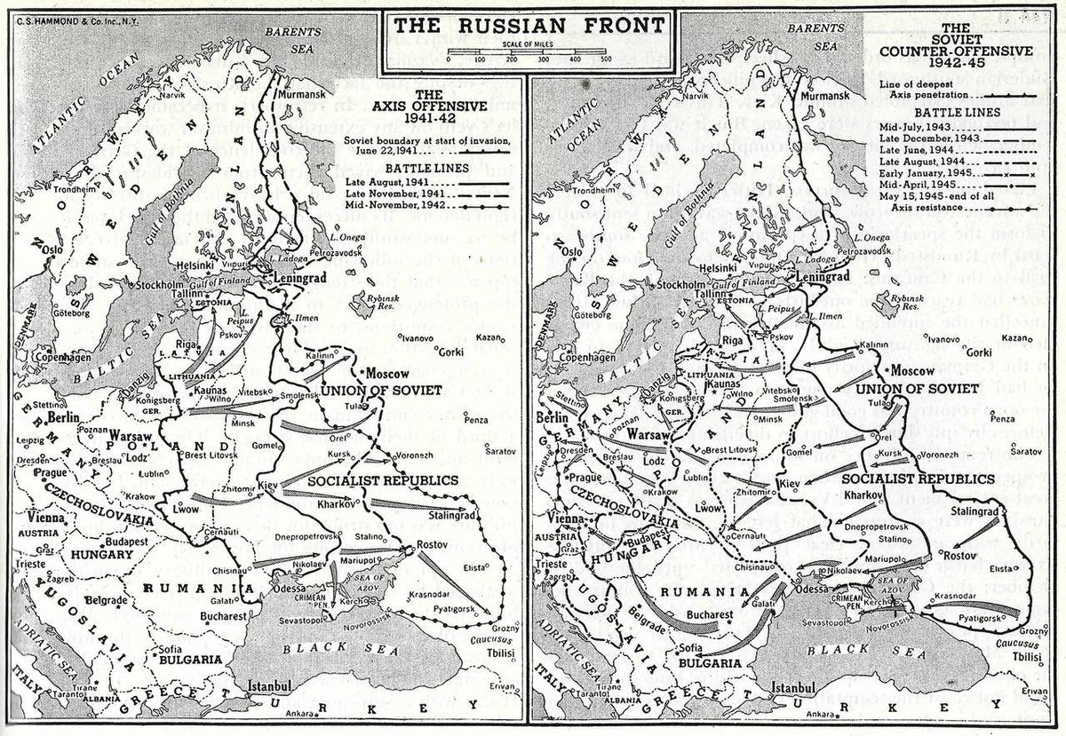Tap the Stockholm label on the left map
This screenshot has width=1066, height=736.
[x=160, y=286]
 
